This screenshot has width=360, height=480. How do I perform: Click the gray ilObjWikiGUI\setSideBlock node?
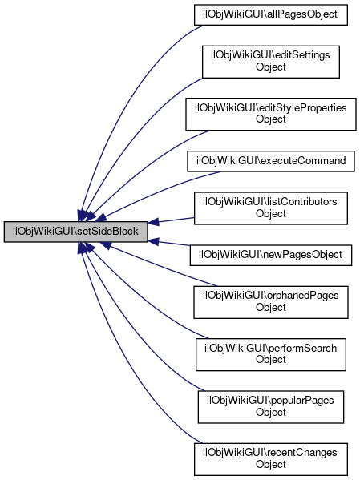[75, 232]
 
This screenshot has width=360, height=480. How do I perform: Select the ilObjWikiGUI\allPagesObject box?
[271, 14]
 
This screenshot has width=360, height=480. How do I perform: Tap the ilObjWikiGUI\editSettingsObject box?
[271, 62]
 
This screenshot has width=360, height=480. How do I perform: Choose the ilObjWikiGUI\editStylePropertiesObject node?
[271, 114]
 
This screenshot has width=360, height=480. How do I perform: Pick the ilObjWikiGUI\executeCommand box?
[271, 161]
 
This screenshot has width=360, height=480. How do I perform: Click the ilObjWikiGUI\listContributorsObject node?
[271, 208]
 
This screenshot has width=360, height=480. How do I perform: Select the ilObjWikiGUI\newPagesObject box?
[271, 255]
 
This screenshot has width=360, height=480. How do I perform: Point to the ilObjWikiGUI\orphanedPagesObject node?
[271, 302]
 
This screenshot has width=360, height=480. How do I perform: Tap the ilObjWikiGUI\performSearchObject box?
[271, 354]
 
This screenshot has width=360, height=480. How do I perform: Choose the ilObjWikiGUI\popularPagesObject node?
[271, 407]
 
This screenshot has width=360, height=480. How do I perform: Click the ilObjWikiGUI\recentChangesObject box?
[271, 459]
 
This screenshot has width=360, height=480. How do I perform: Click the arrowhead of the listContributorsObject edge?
[153, 222]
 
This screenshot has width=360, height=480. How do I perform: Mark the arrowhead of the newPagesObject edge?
[153, 241]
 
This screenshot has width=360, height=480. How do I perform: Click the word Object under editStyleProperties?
[271, 119]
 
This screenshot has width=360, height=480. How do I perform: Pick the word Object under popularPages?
[271, 412]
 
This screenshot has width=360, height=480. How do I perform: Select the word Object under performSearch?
[271, 359]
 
